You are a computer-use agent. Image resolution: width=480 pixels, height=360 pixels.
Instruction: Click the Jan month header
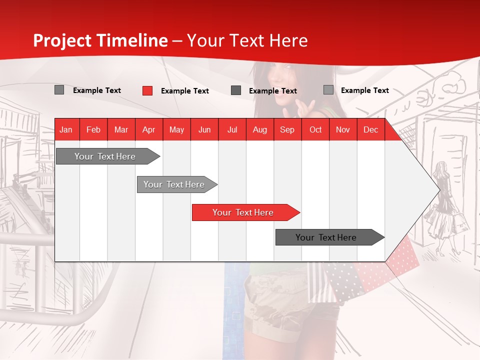(66, 129)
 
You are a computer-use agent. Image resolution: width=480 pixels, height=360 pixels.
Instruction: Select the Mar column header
(121, 129)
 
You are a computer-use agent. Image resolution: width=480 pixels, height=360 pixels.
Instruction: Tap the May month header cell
(176, 129)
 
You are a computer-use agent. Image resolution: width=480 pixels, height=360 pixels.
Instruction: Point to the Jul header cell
(232, 129)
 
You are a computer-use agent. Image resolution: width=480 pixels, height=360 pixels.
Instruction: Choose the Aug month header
(259, 129)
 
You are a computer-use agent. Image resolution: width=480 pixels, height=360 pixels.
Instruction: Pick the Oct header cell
(315, 129)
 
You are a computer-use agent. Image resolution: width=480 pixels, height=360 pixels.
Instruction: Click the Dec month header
(370, 129)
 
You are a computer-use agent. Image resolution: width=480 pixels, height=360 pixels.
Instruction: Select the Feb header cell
(93, 129)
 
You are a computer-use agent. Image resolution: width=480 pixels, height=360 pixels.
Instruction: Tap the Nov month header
(343, 129)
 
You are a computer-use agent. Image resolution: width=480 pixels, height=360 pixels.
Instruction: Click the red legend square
(147, 90)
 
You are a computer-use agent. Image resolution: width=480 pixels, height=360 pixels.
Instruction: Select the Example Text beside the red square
(185, 91)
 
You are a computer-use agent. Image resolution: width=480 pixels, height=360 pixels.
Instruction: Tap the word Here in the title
(288, 40)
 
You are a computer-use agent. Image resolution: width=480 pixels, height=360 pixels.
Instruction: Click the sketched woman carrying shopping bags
(444, 205)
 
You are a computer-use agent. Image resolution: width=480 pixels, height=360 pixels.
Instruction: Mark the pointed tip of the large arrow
(439, 189)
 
